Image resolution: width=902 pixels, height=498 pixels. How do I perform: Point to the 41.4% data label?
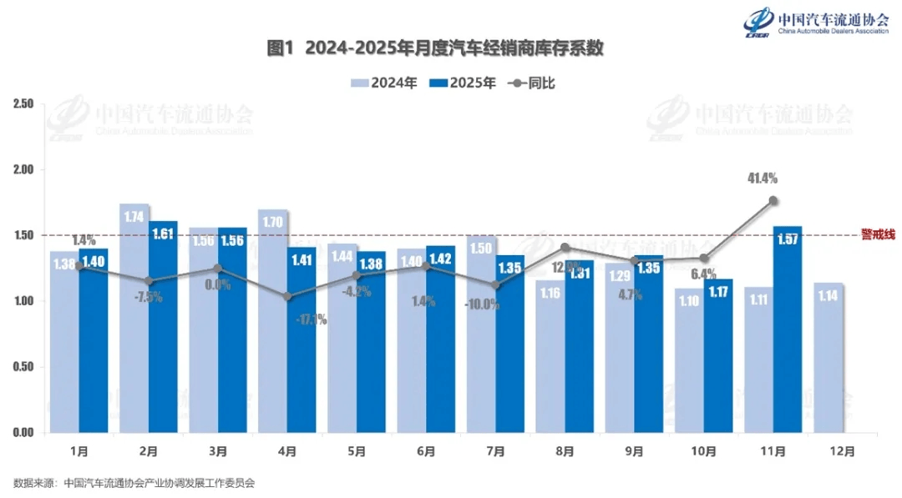coord(763,178)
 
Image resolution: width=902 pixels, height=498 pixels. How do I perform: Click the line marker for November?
coord(773,200)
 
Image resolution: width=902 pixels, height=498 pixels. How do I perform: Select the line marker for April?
coord(287,296)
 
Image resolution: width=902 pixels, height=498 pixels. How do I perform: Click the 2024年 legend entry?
coord(383,83)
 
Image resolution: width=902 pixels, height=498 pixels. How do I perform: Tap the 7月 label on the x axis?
coord(494,451)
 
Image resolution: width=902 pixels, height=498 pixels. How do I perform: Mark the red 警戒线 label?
coord(876,234)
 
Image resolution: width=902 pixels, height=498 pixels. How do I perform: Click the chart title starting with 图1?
coord(434,48)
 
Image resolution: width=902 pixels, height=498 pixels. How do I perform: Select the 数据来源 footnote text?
coord(134,483)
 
